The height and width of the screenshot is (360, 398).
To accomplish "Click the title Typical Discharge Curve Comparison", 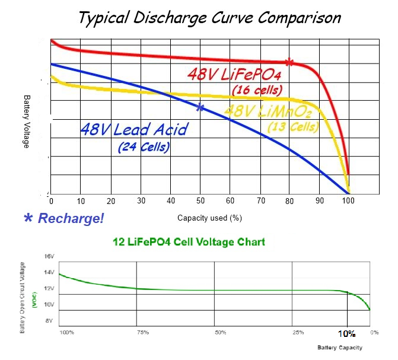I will coord(209,17).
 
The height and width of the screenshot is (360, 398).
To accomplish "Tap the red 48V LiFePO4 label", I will coord(234,75).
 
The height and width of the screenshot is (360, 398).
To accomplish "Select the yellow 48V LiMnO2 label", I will coord(269,111).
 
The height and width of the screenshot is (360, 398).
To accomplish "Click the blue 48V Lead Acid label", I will coord(134,129).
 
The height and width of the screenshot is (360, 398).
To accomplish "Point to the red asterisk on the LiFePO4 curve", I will coord(289,62).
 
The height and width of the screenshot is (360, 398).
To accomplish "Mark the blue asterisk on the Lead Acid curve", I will coord(200,107).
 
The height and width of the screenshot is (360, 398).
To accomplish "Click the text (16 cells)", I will coord(256,90).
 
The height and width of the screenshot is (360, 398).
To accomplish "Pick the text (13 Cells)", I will coord(293,127).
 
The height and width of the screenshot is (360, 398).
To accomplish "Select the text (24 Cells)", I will coord(144,146).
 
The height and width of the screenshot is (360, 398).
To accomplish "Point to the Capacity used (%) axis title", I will coord(209,218).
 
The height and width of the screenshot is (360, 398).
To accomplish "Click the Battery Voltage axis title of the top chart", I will coord(26,122).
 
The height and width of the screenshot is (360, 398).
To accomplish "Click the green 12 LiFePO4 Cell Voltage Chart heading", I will coord(189,241).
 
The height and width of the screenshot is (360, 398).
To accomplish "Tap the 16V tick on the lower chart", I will coord(49,256).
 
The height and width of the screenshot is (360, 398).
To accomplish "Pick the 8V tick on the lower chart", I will coord(50,320).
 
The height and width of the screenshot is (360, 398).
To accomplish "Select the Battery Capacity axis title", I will coord(339,347).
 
